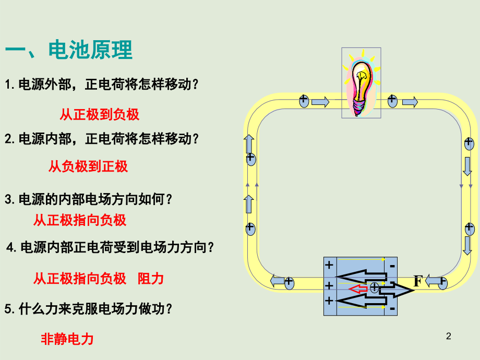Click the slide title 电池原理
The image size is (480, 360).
coord(90,50)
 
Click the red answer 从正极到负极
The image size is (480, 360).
coord(100,114)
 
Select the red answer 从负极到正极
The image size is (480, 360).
coord(88,166)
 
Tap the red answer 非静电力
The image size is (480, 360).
coord(67,339)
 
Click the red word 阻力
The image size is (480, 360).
coord(151,279)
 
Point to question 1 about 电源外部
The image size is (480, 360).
coord(102,85)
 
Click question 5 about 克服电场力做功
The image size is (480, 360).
coord(89,308)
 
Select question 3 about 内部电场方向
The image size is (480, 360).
coord(89,199)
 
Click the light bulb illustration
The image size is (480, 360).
coord(361,82)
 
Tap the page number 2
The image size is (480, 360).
coord(449,336)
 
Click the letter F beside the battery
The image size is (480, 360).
coord(418,281)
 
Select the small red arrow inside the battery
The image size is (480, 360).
coord(358,289)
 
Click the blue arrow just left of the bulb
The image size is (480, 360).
coord(320,102)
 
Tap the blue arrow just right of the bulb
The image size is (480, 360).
coord(410,102)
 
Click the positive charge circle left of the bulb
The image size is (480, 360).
coord(304,101)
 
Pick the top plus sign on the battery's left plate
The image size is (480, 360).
coord(329,265)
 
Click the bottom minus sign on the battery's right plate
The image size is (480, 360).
coord(392,308)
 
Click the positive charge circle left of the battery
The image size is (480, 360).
coord(289,282)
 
